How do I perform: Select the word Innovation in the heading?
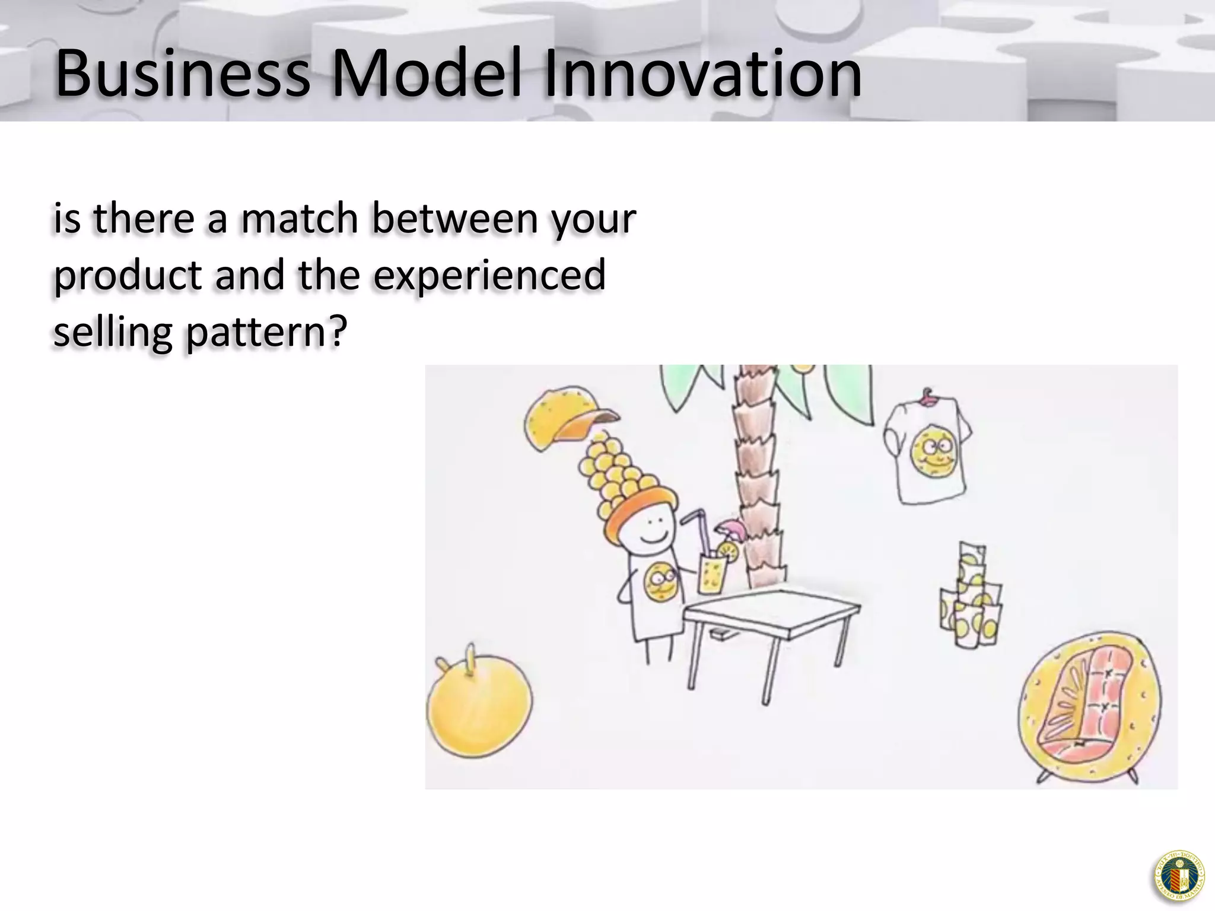pyautogui.click(x=703, y=74)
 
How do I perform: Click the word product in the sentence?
pyautogui.click(x=128, y=276)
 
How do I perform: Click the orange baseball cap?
pyautogui.click(x=567, y=418)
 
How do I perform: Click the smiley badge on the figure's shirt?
pyautogui.click(x=660, y=582)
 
